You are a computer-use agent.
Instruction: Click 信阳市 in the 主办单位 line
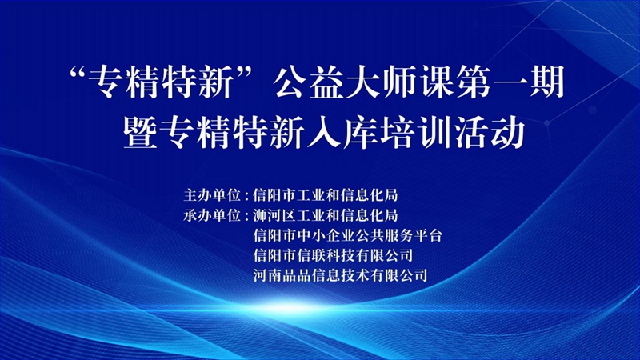[x=270, y=194]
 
